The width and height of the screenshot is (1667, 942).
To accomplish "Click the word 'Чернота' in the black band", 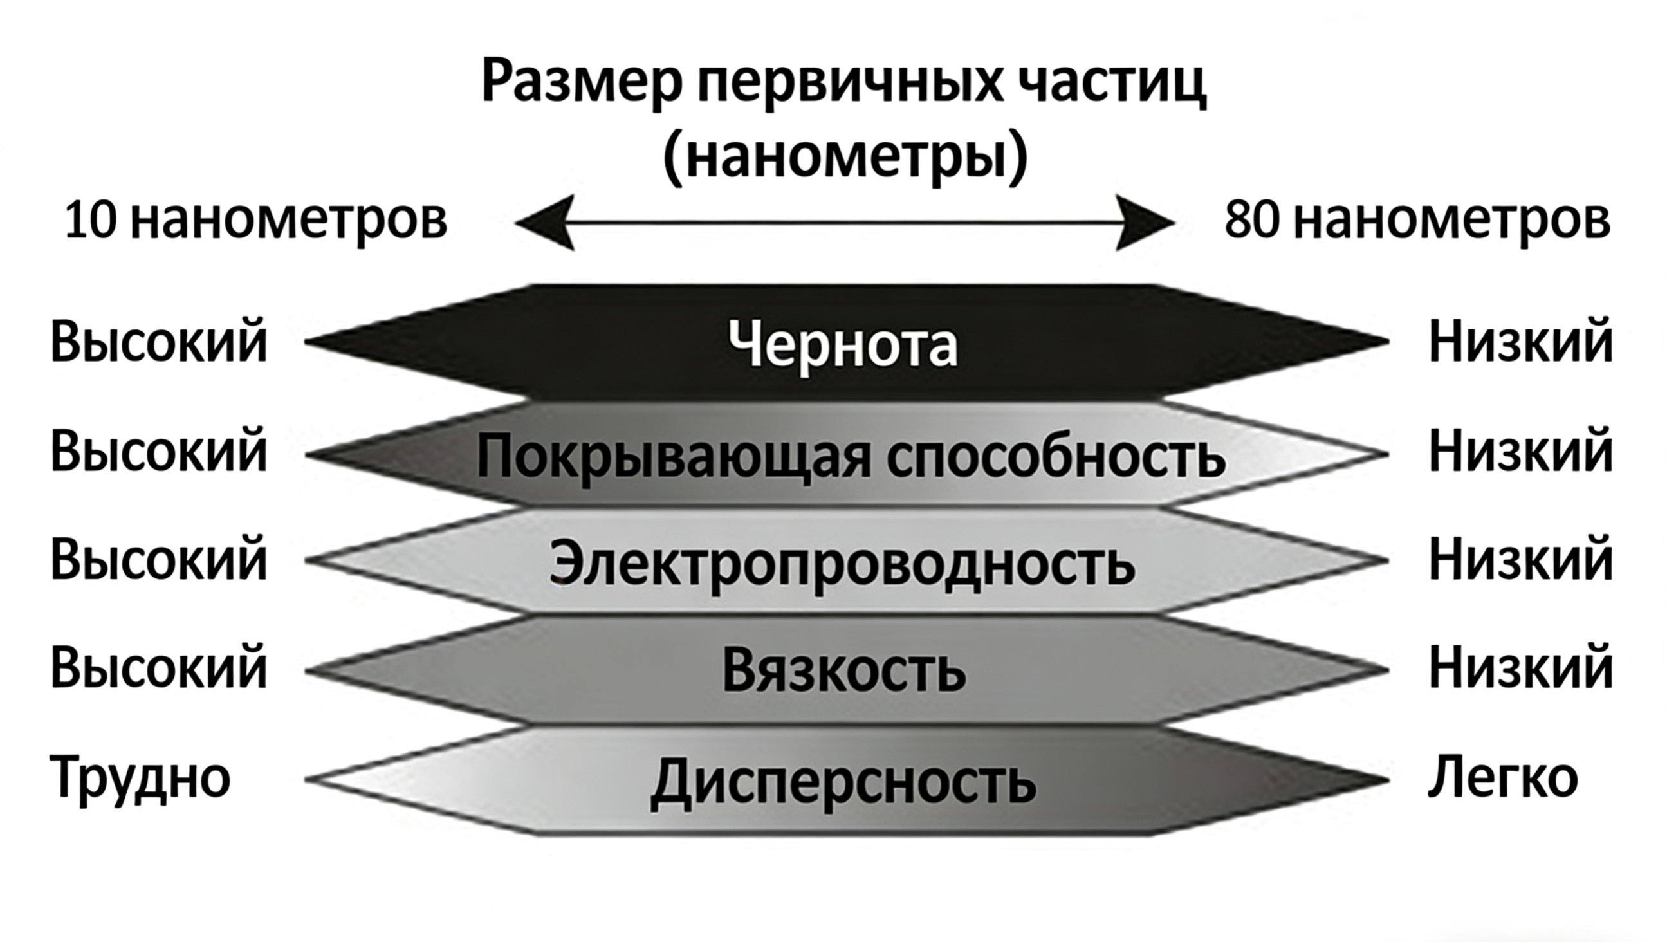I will pos(843,344).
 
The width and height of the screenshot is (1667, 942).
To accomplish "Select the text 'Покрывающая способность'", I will pos(851,456).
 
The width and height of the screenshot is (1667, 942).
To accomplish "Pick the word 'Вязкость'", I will pos(843,670).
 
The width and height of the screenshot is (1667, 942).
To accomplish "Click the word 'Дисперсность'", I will pos(843,782).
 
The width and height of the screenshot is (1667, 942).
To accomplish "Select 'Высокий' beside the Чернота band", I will pos(158,342).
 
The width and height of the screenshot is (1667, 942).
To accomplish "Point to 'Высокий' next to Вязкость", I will pos(158,668).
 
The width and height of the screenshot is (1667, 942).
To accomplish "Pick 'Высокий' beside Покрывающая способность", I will pos(158,452).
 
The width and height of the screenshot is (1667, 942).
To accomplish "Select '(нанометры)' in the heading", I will pos(845,156).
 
